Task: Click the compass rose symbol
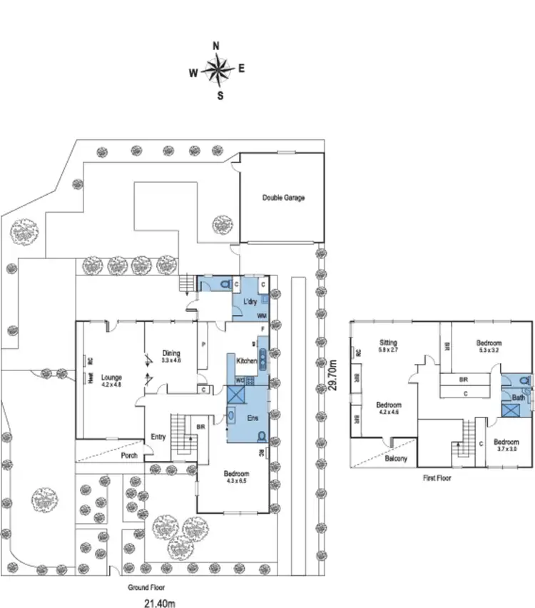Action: (217, 70)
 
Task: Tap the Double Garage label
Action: (283, 198)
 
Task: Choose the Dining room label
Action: (170, 353)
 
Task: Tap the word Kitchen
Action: (246, 361)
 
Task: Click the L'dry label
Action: (250, 303)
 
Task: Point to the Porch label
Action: (129, 457)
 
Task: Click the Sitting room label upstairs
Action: (388, 343)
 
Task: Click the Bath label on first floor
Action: (519, 397)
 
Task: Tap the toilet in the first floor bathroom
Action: (525, 381)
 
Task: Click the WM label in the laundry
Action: (262, 315)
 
